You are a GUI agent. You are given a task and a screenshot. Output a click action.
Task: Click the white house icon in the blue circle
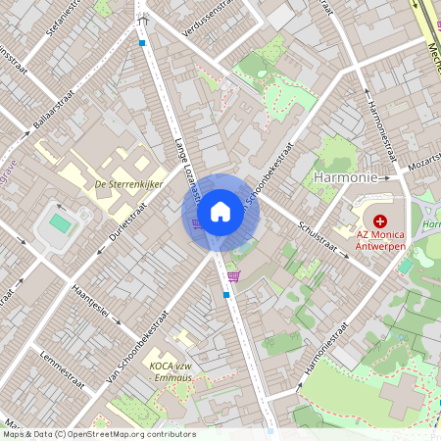coord(220,212)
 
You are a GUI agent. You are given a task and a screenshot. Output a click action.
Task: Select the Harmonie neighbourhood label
coord(344,177)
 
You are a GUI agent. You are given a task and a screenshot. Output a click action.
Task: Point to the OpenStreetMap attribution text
coord(98,434)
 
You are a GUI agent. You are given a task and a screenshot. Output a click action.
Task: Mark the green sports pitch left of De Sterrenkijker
coord(60,223)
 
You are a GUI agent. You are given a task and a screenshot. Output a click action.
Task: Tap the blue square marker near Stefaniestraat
coord(142,43)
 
